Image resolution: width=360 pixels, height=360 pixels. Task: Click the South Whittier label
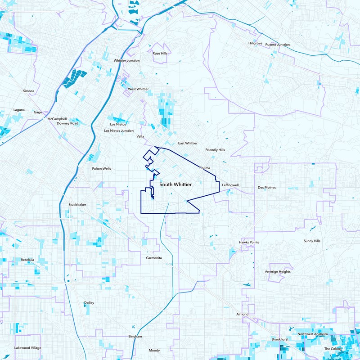tap(175, 185)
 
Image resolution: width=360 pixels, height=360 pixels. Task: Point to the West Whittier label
tap(138, 89)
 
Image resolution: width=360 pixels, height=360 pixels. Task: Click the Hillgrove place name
tap(255, 43)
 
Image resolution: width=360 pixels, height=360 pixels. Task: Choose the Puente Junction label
tap(277, 45)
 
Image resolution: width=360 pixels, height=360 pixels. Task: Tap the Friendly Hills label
tap(215, 150)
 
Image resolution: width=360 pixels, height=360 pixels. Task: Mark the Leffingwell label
tap(230, 185)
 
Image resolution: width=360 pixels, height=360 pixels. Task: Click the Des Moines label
tap(266, 187)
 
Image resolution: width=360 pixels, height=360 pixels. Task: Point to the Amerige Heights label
tap(278, 272)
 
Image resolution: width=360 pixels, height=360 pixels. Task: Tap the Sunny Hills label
tap(312, 241)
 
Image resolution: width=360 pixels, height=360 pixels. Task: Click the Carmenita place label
tap(153, 258)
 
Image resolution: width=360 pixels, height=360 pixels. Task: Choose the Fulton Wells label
tap(101, 169)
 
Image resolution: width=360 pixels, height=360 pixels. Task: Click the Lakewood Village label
tap(27, 348)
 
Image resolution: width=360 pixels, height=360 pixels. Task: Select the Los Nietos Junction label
tap(119, 130)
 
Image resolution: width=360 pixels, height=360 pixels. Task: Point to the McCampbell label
tap(57, 119)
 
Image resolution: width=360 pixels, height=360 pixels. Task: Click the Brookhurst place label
tap(279, 339)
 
